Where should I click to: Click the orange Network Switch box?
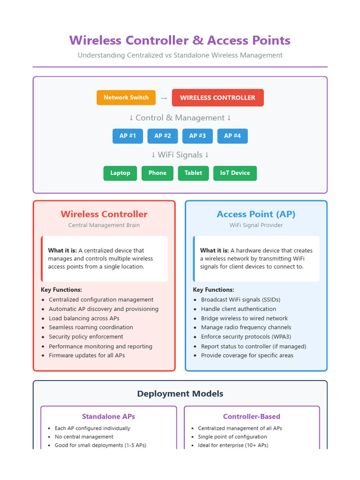[x=126, y=97]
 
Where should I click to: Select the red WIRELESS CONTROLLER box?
[x=217, y=97]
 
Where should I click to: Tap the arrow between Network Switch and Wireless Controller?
[x=164, y=98]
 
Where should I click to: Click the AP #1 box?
[x=127, y=136]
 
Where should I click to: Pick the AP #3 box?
[x=197, y=136]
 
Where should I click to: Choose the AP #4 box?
[x=232, y=136]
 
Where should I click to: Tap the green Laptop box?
[x=120, y=173]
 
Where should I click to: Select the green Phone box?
[x=157, y=173]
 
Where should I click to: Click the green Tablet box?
[x=193, y=173]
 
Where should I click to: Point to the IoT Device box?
[x=235, y=173]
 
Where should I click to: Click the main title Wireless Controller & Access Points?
[x=180, y=40]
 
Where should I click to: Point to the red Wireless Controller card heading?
[x=104, y=214]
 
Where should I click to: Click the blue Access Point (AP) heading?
[x=256, y=214]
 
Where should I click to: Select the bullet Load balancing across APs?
[x=84, y=318]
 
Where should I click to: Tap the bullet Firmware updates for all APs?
[x=87, y=355]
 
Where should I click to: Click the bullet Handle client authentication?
[x=238, y=309]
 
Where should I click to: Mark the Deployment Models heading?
[x=180, y=394]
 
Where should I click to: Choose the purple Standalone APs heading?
[x=108, y=416]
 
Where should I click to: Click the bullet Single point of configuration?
[x=232, y=436]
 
